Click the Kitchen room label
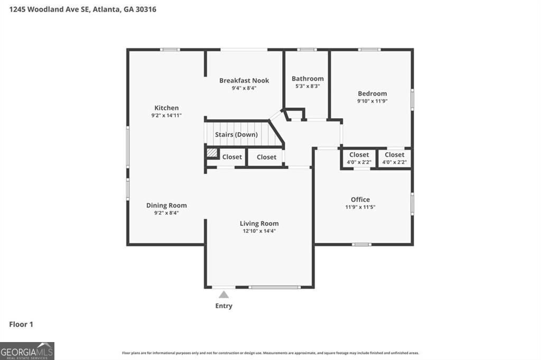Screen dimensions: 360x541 [x=166, y=108]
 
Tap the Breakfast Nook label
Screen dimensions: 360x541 [x=244, y=80]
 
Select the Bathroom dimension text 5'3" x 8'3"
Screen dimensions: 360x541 [x=307, y=86]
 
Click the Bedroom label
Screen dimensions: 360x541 [x=372, y=93]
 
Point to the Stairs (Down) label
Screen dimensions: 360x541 [x=236, y=135]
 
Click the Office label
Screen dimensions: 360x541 [x=360, y=199]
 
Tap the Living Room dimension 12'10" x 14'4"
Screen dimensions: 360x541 [x=258, y=231]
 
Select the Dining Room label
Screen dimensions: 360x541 [x=166, y=205]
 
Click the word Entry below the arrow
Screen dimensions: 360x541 [x=223, y=306]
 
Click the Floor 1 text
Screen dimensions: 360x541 [x=21, y=325]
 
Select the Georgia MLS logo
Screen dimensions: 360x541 [x=27, y=350]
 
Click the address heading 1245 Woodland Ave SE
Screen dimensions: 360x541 [x=79, y=10]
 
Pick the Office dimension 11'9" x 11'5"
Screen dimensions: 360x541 [x=360, y=207]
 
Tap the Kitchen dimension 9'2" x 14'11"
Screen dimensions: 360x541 [x=166, y=115]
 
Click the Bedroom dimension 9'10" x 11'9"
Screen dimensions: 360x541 [x=372, y=101]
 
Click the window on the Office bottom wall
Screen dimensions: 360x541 [x=362, y=244]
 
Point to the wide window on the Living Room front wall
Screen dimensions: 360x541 [x=275, y=287]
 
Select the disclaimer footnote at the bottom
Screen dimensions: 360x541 [x=270, y=353]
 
